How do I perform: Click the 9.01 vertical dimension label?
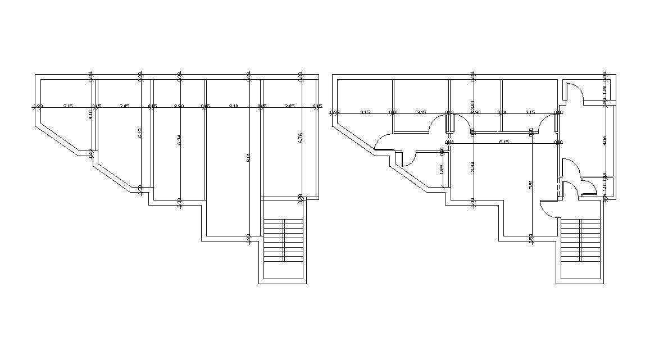pyautogui.click(x=248, y=158)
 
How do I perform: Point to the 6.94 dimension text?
pyautogui.click(x=179, y=140)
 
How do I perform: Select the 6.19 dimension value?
pyautogui.click(x=140, y=133)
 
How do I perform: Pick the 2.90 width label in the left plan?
pyautogui.click(x=179, y=106)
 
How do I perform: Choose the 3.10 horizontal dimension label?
pyautogui.click(x=234, y=106)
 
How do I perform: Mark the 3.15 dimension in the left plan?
pyautogui.click(x=67, y=106)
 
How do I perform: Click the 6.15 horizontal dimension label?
pyautogui.click(x=504, y=142)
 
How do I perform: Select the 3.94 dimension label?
pyautogui.click(x=473, y=167)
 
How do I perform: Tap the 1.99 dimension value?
pyautogui.click(x=442, y=168)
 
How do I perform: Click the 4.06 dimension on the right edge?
pyautogui.click(x=604, y=140)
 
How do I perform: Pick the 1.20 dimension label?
pyautogui.click(x=604, y=90)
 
